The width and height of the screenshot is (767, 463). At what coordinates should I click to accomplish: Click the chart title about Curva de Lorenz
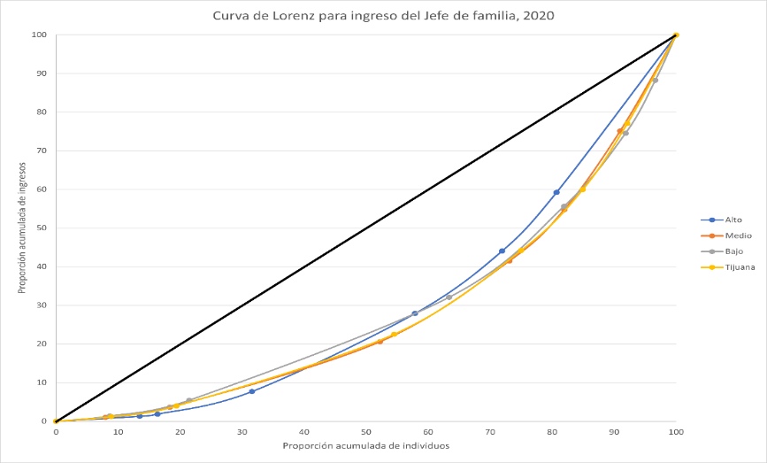(x=383, y=15)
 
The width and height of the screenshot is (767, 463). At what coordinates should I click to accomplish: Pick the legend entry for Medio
(x=738, y=235)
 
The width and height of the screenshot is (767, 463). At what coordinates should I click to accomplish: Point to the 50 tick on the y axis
(x=42, y=228)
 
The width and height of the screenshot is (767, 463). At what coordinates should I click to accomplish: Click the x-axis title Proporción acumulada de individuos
(x=365, y=446)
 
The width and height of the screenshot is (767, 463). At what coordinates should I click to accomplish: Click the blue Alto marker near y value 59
(x=556, y=192)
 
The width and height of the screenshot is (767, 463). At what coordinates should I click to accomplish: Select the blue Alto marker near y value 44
(x=502, y=251)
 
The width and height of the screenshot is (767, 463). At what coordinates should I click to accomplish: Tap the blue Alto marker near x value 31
(x=251, y=391)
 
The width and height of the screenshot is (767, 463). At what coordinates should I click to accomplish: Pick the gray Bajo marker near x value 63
(x=449, y=297)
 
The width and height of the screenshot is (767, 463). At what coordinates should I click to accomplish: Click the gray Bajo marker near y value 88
(x=655, y=81)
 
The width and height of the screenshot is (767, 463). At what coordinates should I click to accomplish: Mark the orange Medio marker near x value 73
(x=510, y=260)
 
